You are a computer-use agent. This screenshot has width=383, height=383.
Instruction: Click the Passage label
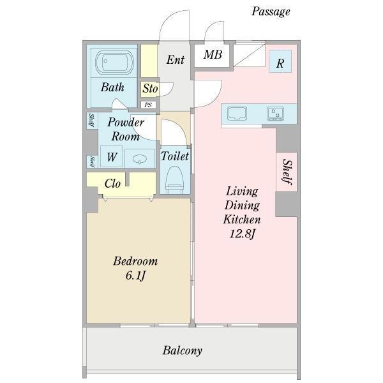(271, 11)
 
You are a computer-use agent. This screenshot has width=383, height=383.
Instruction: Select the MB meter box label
(213, 55)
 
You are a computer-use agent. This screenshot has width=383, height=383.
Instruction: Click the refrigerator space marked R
(280, 61)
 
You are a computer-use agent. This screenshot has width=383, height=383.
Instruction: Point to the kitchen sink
(237, 114)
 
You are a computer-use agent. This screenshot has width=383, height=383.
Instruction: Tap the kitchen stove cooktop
(275, 114)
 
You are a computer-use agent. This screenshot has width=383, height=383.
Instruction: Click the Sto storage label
(150, 88)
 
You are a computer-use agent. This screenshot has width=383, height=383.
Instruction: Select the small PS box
(148, 105)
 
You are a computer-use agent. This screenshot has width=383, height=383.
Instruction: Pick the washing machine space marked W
(111, 156)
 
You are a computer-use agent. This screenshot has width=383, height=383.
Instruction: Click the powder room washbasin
(140, 159)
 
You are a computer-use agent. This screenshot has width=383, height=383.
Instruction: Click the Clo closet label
(112, 183)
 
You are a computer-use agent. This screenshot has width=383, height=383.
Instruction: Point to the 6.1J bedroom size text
(135, 276)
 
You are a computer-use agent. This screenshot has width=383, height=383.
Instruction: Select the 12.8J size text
(242, 234)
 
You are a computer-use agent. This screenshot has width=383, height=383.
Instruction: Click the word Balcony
(182, 350)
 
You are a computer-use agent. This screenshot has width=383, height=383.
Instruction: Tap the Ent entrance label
(175, 60)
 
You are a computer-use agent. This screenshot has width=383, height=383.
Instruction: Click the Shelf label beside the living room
(287, 172)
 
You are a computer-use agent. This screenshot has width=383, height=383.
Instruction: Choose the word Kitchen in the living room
(242, 220)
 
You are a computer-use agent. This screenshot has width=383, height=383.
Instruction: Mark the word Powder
(126, 122)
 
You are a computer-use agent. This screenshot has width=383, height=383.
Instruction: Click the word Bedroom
(135, 261)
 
